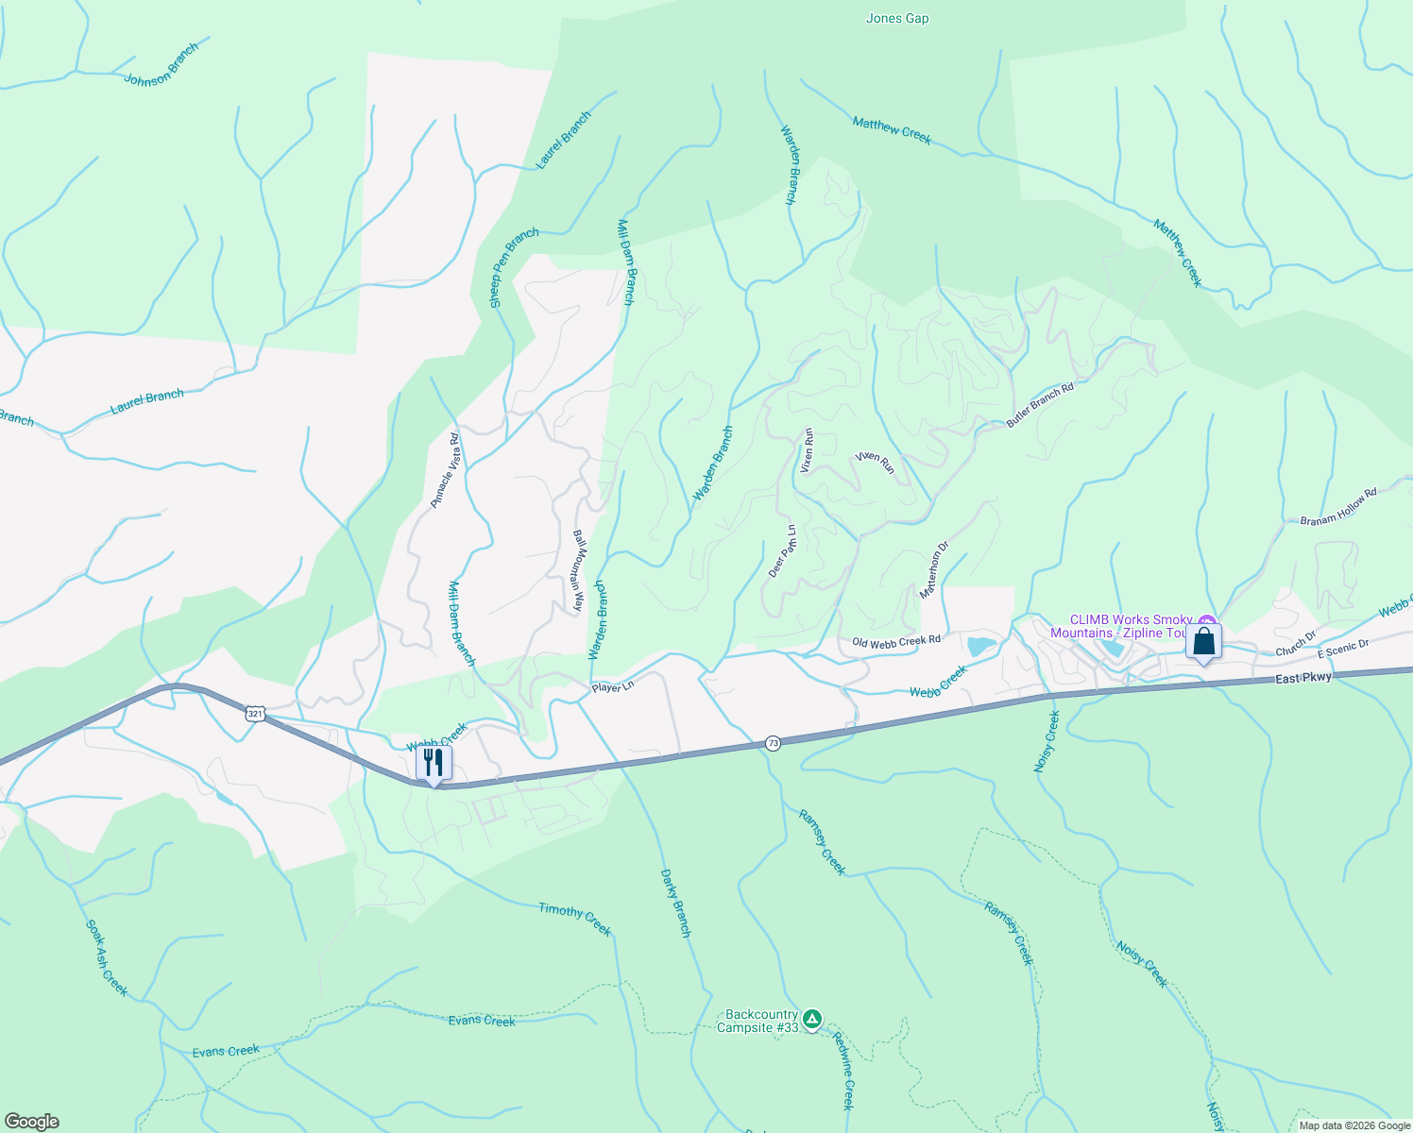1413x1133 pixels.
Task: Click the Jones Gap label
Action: coord(896,18)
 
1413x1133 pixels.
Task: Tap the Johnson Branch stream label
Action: coord(162,65)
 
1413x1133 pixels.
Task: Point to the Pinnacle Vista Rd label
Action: coord(444,470)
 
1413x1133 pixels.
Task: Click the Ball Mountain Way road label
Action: coord(578,570)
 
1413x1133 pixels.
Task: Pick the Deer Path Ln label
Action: coord(782,551)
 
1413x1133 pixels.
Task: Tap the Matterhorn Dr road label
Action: coord(934,570)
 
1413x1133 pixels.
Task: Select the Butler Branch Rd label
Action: coord(1040,405)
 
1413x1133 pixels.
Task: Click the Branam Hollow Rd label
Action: coord(1338,507)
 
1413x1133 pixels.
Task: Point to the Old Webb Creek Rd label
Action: coord(896,642)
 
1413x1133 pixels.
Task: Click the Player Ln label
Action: coord(613,687)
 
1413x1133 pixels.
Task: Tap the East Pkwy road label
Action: coord(1302,678)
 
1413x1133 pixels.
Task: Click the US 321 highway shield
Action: coord(255,714)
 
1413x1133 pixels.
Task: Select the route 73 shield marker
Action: coord(773,743)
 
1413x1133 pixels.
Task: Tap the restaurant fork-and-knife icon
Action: coord(434,762)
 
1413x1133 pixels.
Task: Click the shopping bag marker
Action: coord(1203,642)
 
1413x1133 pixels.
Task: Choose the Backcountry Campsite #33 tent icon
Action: coord(812,1020)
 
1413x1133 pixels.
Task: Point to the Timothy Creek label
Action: coord(575,919)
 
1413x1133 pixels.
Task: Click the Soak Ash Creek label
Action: coord(107,957)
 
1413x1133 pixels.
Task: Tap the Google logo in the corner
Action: coord(31,1122)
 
